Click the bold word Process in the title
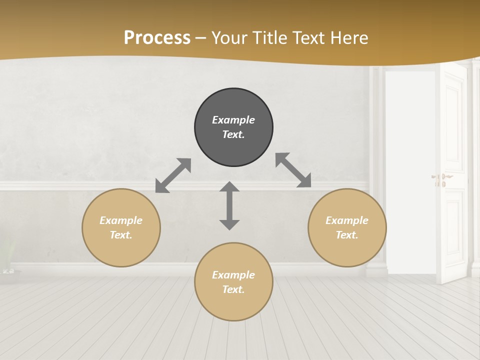coord(157,38)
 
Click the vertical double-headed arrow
coord(229,205)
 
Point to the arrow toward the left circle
coord(173,175)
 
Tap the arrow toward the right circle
coord(293,170)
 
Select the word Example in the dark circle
coord(233,120)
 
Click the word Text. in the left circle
coord(121,235)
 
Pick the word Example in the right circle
coord(347,220)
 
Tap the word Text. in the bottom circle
coord(233,289)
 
